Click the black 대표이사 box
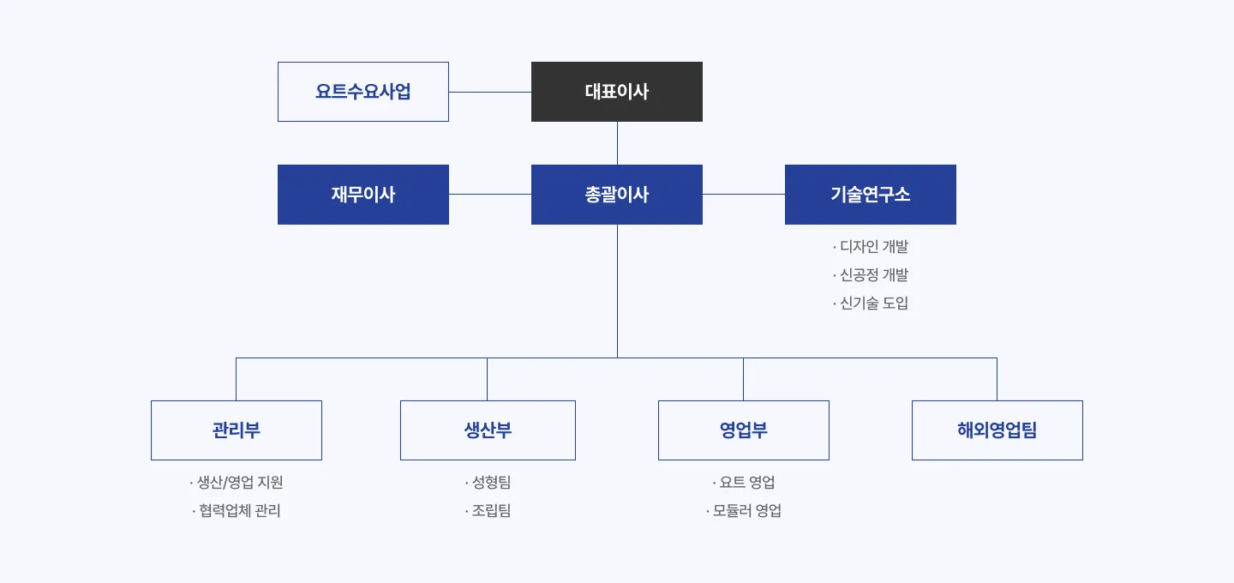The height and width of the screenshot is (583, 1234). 617,92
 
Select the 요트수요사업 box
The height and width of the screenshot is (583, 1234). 363,92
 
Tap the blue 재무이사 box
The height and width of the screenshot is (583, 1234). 363,195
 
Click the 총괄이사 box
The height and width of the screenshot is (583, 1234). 617,195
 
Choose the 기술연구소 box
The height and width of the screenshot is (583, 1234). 871,195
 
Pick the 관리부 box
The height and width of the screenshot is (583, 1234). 237,430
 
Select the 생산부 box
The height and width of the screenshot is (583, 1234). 488,430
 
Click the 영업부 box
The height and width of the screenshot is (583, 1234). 744,430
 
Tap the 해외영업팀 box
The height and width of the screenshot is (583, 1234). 997,430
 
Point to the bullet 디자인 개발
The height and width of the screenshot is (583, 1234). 871,247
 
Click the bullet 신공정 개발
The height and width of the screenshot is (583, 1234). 871,275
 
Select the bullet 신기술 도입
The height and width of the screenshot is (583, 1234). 871,304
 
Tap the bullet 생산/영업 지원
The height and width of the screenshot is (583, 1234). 237,483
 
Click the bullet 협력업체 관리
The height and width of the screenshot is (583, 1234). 237,511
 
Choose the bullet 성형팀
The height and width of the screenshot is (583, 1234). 488,483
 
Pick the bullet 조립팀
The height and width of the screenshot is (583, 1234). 488,511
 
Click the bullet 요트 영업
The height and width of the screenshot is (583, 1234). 744,483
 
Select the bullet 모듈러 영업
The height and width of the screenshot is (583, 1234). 744,511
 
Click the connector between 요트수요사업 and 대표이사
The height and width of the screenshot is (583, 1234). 490,92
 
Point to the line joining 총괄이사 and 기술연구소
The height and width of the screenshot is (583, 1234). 744,195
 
